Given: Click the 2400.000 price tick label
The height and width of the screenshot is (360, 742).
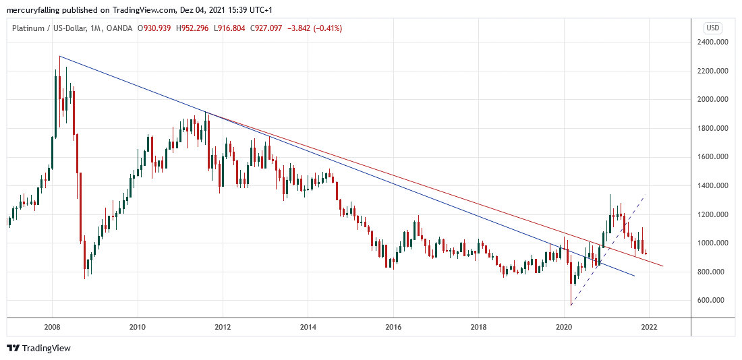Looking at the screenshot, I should point(716,42).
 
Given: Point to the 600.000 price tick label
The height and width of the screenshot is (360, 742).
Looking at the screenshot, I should point(716,300).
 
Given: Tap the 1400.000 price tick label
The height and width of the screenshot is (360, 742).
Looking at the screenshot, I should point(716,185).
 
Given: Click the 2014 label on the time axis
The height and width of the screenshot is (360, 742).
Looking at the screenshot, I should point(308,327).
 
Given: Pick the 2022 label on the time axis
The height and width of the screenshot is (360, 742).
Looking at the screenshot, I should point(648,327).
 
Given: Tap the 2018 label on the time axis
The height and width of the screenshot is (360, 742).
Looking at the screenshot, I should point(478,327).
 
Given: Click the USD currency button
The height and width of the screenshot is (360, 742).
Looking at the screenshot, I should point(712,28).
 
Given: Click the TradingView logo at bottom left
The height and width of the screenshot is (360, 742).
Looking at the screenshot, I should point(38,349).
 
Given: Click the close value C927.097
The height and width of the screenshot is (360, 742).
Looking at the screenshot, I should point(264,28).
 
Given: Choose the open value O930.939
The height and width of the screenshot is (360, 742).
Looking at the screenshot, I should point(154,28).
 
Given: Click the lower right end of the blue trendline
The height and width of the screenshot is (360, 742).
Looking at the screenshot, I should point(635,276).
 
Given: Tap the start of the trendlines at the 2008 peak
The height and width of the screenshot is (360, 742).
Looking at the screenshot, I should point(59,56).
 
